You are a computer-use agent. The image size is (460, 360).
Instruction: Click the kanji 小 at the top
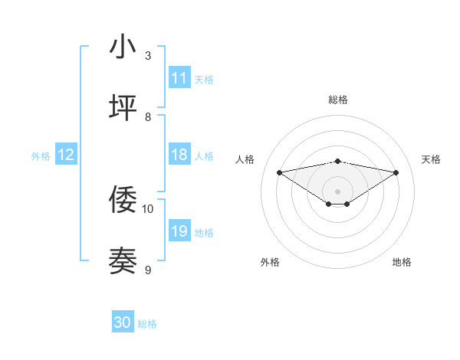tap(123, 47)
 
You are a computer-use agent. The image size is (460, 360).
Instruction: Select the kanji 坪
tap(123, 108)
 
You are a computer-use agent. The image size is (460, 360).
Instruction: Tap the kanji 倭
tap(123, 200)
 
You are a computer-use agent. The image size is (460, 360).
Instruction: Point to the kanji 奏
tap(123, 261)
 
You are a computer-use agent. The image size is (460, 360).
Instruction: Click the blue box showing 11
tap(179, 78)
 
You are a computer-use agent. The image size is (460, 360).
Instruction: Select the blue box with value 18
tap(179, 155)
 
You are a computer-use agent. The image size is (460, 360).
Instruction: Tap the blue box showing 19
tap(179, 231)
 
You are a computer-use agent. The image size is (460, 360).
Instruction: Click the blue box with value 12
tap(66, 155)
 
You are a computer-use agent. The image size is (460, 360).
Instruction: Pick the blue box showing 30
tap(123, 323)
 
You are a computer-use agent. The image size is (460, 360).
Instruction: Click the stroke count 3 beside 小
tap(148, 55)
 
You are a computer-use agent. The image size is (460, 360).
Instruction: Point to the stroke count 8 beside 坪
tap(148, 116)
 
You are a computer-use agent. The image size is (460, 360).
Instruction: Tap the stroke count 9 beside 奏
tap(148, 270)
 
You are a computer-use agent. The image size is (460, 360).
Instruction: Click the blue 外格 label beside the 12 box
tap(41, 155)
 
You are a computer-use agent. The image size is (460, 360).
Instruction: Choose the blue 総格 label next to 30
tap(147, 324)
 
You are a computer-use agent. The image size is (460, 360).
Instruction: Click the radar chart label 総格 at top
tap(337, 100)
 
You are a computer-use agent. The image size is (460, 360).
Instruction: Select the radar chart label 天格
tap(431, 159)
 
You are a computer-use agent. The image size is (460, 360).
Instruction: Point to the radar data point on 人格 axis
tap(279, 172)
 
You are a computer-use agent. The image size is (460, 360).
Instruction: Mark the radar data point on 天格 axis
tap(396, 172)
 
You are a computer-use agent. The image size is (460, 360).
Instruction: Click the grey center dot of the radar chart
tap(337, 191)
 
